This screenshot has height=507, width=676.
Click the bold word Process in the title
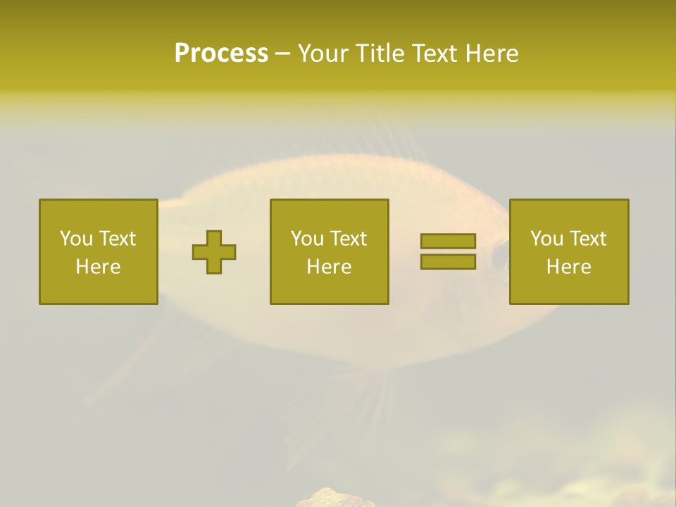221,54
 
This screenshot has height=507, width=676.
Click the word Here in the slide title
493,54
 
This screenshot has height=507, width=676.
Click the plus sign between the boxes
214,252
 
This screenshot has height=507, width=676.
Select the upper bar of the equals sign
448,242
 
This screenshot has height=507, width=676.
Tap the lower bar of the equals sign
448,262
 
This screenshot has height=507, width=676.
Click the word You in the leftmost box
75,239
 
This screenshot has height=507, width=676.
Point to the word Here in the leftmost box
98,267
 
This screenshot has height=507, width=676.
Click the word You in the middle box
306,239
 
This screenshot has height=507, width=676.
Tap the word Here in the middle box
329,267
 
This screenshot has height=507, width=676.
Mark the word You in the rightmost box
546,239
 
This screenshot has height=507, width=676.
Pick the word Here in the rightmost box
568,267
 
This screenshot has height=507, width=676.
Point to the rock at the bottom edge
334,499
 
